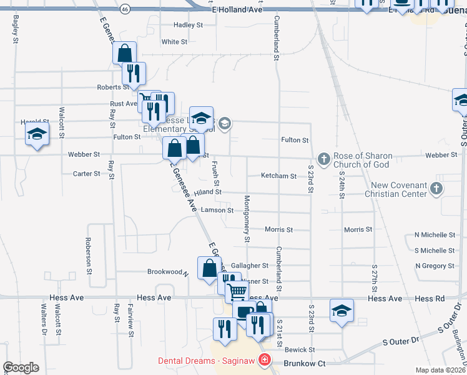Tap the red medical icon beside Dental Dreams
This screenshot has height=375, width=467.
point(264,361)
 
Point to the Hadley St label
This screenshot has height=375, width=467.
point(189,25)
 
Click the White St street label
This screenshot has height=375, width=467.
point(174,42)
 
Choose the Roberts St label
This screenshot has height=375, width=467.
point(112,87)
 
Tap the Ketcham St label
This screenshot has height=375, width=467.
point(278,176)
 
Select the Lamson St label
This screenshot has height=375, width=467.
point(217,210)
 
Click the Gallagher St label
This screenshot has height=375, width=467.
point(249,266)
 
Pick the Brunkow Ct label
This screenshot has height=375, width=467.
point(305,363)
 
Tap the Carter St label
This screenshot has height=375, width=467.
point(86,174)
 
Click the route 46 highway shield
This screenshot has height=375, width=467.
point(125,10)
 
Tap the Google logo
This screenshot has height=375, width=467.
point(21,367)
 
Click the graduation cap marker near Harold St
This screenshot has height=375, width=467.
point(37,134)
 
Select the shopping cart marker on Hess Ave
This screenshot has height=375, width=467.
point(236,291)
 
